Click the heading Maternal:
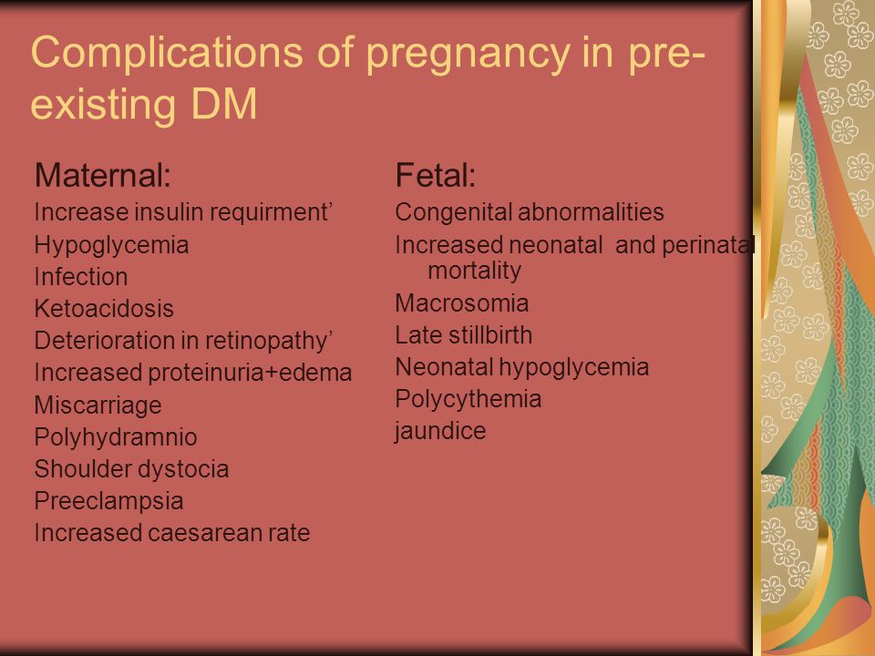[103, 175]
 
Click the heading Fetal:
[436, 175]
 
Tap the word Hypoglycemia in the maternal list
[111, 246]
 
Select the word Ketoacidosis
[104, 309]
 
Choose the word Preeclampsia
[108, 501]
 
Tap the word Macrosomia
[461, 303]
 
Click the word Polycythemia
[468, 400]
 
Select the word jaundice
[440, 432]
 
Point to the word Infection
[81, 277]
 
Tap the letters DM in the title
[224, 104]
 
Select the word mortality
[474, 272]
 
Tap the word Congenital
[454, 213]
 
